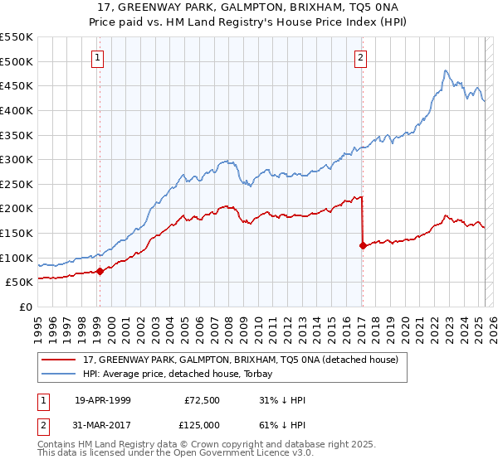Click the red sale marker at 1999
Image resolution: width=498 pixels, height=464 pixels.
pos(100,270)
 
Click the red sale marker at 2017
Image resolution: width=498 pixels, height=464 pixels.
pos(363,245)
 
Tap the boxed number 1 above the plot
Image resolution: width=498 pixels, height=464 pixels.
pos(99,58)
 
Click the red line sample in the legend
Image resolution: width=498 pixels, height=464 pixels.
pos(60,359)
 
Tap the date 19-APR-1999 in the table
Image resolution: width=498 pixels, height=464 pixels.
pos(103,400)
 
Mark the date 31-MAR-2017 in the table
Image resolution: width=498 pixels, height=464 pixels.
pos(103,426)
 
